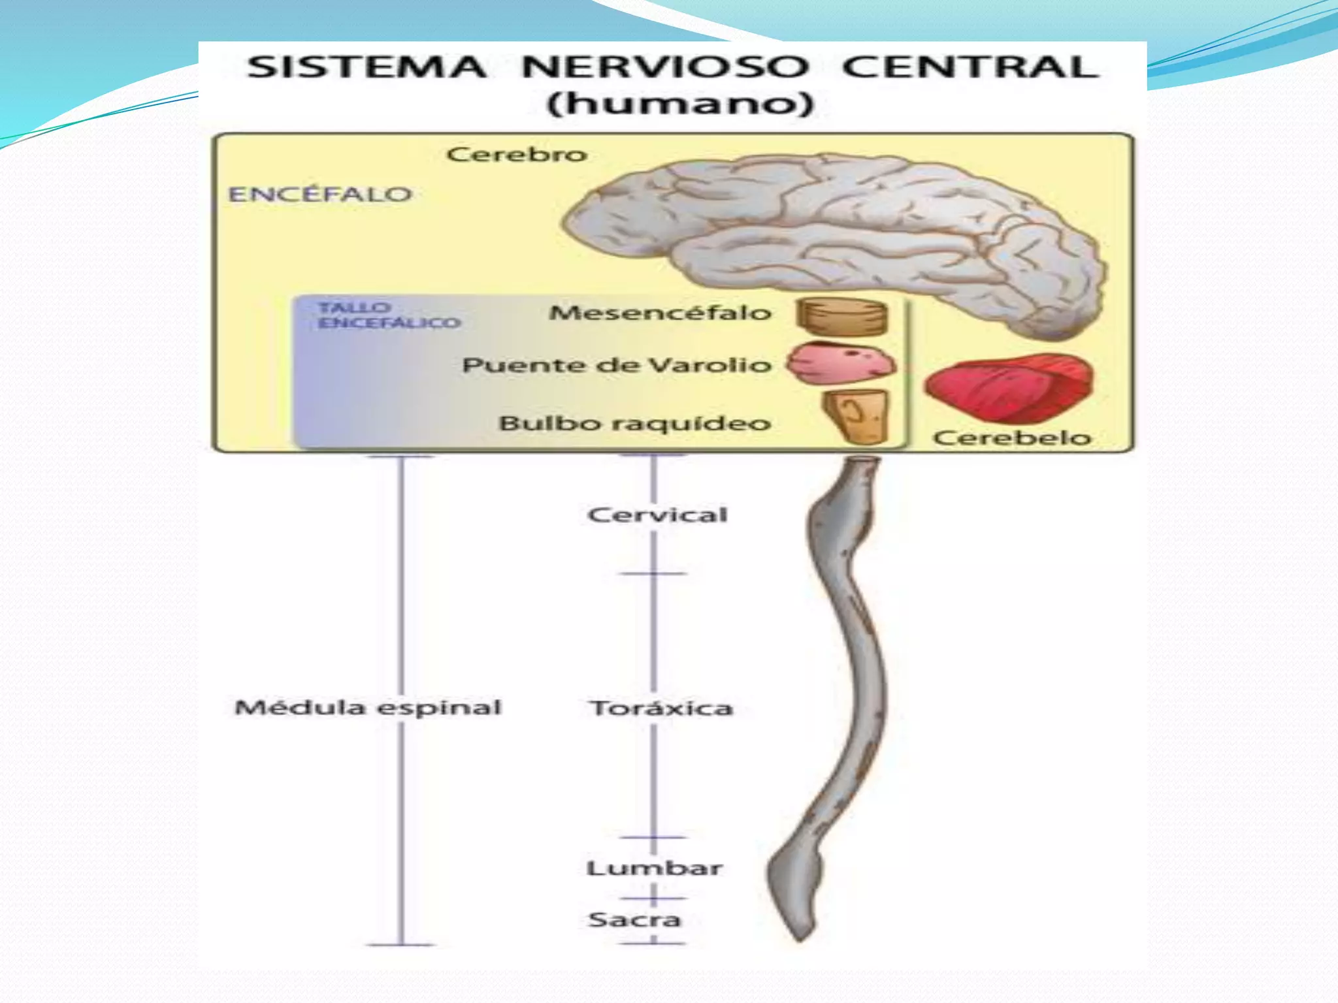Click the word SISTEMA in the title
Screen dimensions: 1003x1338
[x=367, y=67]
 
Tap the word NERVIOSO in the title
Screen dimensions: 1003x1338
[x=664, y=67]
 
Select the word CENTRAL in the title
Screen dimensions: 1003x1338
[x=970, y=67]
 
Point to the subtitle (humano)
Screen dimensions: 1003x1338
[x=680, y=104]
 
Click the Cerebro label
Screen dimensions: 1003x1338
[x=516, y=155]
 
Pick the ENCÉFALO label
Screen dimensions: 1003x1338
[x=320, y=194]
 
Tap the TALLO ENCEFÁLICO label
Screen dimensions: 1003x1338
[x=389, y=315]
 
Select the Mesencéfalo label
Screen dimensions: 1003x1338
[x=660, y=313]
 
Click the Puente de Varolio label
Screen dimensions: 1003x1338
[x=617, y=365]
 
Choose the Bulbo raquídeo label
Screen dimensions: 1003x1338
[x=635, y=423]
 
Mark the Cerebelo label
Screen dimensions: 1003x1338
[x=1012, y=438]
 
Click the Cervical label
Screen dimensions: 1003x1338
[x=657, y=515]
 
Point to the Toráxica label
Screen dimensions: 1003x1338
[x=661, y=708]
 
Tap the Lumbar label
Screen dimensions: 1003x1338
[x=654, y=868]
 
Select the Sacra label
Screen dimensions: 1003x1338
[x=634, y=919]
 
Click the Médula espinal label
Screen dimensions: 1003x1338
[x=368, y=707]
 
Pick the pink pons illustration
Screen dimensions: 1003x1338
[x=840, y=363]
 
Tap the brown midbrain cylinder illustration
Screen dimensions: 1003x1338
[x=842, y=317]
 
